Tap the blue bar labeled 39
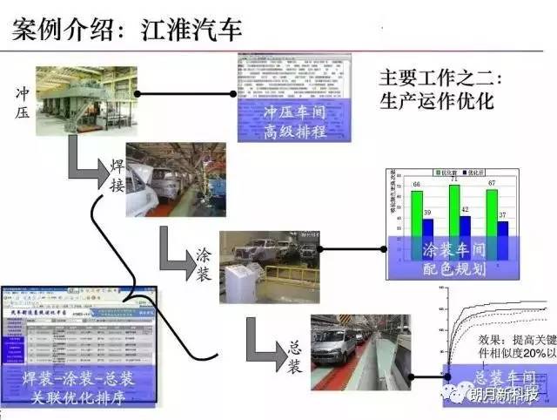(427, 227)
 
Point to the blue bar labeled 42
(465, 226)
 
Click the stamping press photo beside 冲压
(86, 99)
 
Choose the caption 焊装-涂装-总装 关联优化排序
(78, 388)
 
